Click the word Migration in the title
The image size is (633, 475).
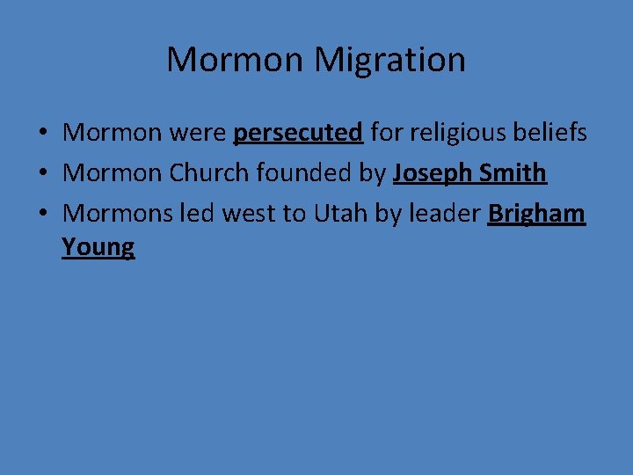tap(389, 61)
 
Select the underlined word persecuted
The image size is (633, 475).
tap(298, 134)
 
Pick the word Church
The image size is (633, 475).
tap(209, 173)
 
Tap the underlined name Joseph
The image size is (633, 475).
tap(432, 174)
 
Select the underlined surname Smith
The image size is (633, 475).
tap(513, 173)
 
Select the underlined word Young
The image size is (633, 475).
tap(98, 247)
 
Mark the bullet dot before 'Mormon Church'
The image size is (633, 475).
tap(41, 174)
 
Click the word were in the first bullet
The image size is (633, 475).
tap(198, 134)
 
